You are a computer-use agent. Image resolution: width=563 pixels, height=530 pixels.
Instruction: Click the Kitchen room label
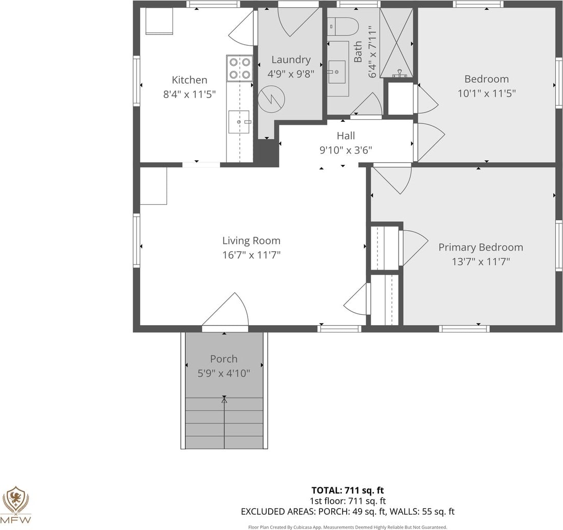pyautogui.click(x=189, y=80)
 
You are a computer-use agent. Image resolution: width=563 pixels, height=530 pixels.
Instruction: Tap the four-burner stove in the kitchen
pyautogui.click(x=239, y=68)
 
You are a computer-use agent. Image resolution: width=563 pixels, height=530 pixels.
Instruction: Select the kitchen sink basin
pyautogui.click(x=239, y=122)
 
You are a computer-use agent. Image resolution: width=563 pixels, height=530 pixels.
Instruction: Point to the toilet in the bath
pyautogui.click(x=343, y=27)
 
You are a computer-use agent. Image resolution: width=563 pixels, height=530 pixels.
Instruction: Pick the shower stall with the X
pyautogui.click(x=396, y=43)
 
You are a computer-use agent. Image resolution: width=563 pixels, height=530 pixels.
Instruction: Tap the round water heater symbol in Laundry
pyautogui.click(x=271, y=99)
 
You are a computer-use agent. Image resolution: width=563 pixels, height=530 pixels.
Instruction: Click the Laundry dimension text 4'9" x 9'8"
pyautogui.click(x=291, y=74)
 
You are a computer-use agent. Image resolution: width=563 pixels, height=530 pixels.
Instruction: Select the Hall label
pyautogui.click(x=346, y=136)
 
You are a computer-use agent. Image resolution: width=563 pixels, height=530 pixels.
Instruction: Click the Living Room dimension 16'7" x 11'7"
pyautogui.click(x=251, y=255)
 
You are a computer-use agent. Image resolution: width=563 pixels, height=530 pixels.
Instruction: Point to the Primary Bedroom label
pyautogui.click(x=481, y=247)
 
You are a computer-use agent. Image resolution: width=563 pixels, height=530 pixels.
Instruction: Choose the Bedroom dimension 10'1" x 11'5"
pyautogui.click(x=486, y=93)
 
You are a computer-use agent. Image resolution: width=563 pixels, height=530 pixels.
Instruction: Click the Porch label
pyautogui.click(x=223, y=358)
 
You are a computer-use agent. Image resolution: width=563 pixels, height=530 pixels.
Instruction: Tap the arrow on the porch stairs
pyautogui.click(x=224, y=422)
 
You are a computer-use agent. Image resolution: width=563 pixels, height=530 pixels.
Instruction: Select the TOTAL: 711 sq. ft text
pyautogui.click(x=348, y=490)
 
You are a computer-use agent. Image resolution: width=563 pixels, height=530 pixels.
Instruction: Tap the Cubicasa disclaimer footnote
pyautogui.click(x=348, y=527)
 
